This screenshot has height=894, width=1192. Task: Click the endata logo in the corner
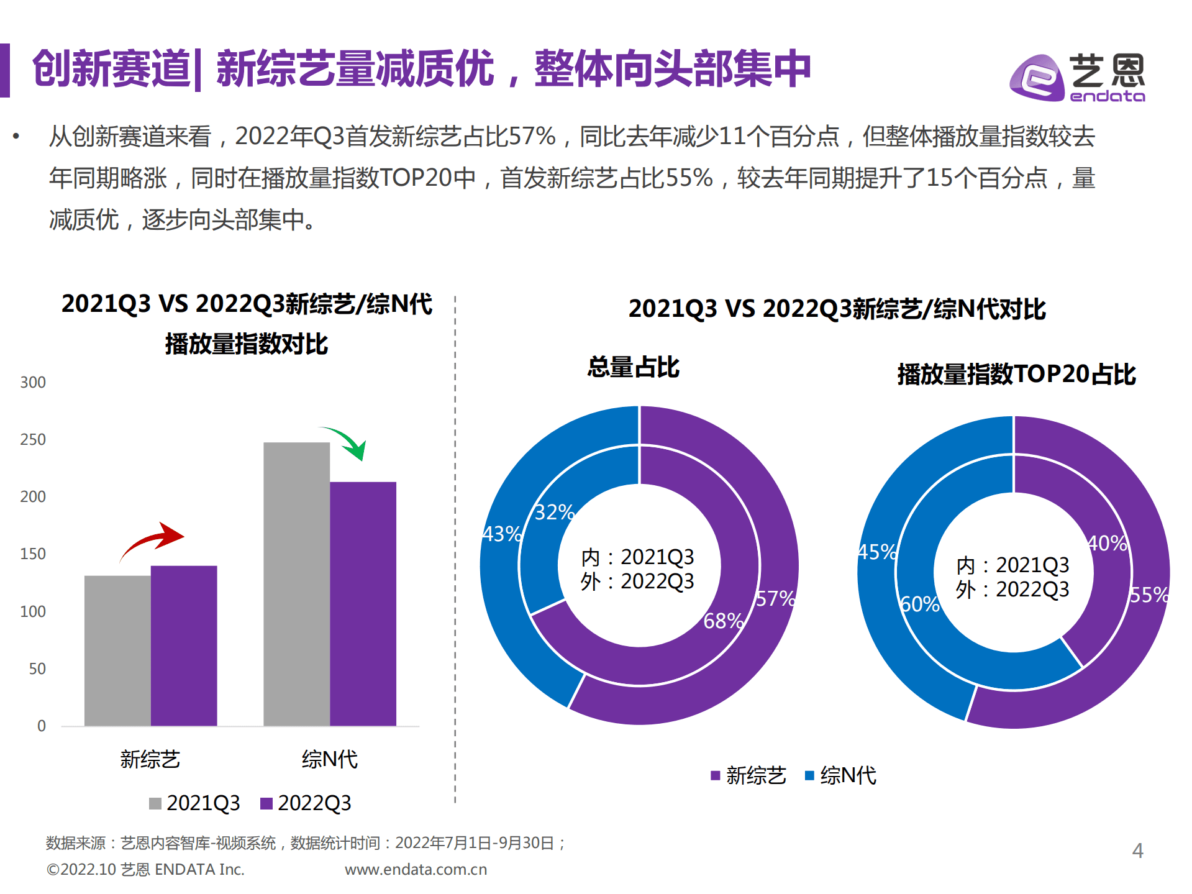coord(1077,78)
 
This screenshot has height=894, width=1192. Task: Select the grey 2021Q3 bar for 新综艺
coord(117,650)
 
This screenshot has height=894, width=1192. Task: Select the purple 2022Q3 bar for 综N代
coord(363,603)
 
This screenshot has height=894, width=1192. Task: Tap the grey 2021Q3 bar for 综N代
coord(296,583)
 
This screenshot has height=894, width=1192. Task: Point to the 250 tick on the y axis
coord(33,440)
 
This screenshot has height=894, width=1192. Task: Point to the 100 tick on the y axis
coord(33,612)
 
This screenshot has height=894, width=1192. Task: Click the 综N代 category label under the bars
coord(329,759)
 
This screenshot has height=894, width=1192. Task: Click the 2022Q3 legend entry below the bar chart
coord(306,803)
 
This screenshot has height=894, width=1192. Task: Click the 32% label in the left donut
coord(554,513)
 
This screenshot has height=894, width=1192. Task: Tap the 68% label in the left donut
coord(723,621)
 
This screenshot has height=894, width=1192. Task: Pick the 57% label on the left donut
coord(775,599)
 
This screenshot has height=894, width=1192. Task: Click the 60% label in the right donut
coord(919,604)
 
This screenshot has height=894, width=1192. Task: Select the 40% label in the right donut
coord(1107,544)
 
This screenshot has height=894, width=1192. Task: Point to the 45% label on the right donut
coord(877,552)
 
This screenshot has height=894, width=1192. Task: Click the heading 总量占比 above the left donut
coord(633,367)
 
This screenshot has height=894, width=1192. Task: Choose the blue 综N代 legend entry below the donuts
coord(840,775)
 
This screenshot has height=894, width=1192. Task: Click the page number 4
coord(1137,851)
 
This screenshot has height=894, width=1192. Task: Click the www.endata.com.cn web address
coord(416,870)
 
